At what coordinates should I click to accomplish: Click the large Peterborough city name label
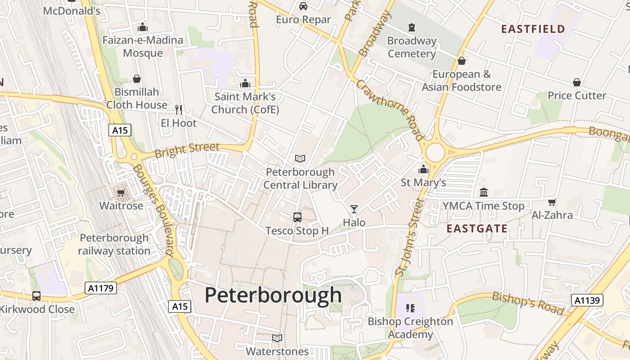(273, 296)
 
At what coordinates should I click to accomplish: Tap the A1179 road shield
(101, 288)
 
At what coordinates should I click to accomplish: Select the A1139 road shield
(587, 300)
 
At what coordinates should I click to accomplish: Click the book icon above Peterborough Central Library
(300, 158)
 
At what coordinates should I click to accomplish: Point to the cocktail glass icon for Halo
(354, 209)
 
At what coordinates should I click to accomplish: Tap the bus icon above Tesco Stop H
(297, 217)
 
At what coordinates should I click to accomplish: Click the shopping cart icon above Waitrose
(121, 193)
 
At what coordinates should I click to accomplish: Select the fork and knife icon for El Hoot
(179, 109)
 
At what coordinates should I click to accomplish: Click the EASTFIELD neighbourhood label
(533, 29)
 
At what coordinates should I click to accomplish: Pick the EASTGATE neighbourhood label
(477, 229)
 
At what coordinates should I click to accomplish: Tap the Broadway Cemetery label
(412, 47)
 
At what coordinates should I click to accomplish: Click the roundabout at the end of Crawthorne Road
(435, 153)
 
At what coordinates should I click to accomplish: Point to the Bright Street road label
(187, 149)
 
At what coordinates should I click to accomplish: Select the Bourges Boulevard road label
(153, 209)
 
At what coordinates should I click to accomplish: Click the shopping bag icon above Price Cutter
(577, 82)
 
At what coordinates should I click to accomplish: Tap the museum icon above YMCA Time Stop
(484, 193)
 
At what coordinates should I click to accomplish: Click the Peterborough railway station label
(114, 244)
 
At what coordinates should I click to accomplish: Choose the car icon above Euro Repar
(303, 6)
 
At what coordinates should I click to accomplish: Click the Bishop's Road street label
(527, 303)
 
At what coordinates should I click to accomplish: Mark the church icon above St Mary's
(423, 170)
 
